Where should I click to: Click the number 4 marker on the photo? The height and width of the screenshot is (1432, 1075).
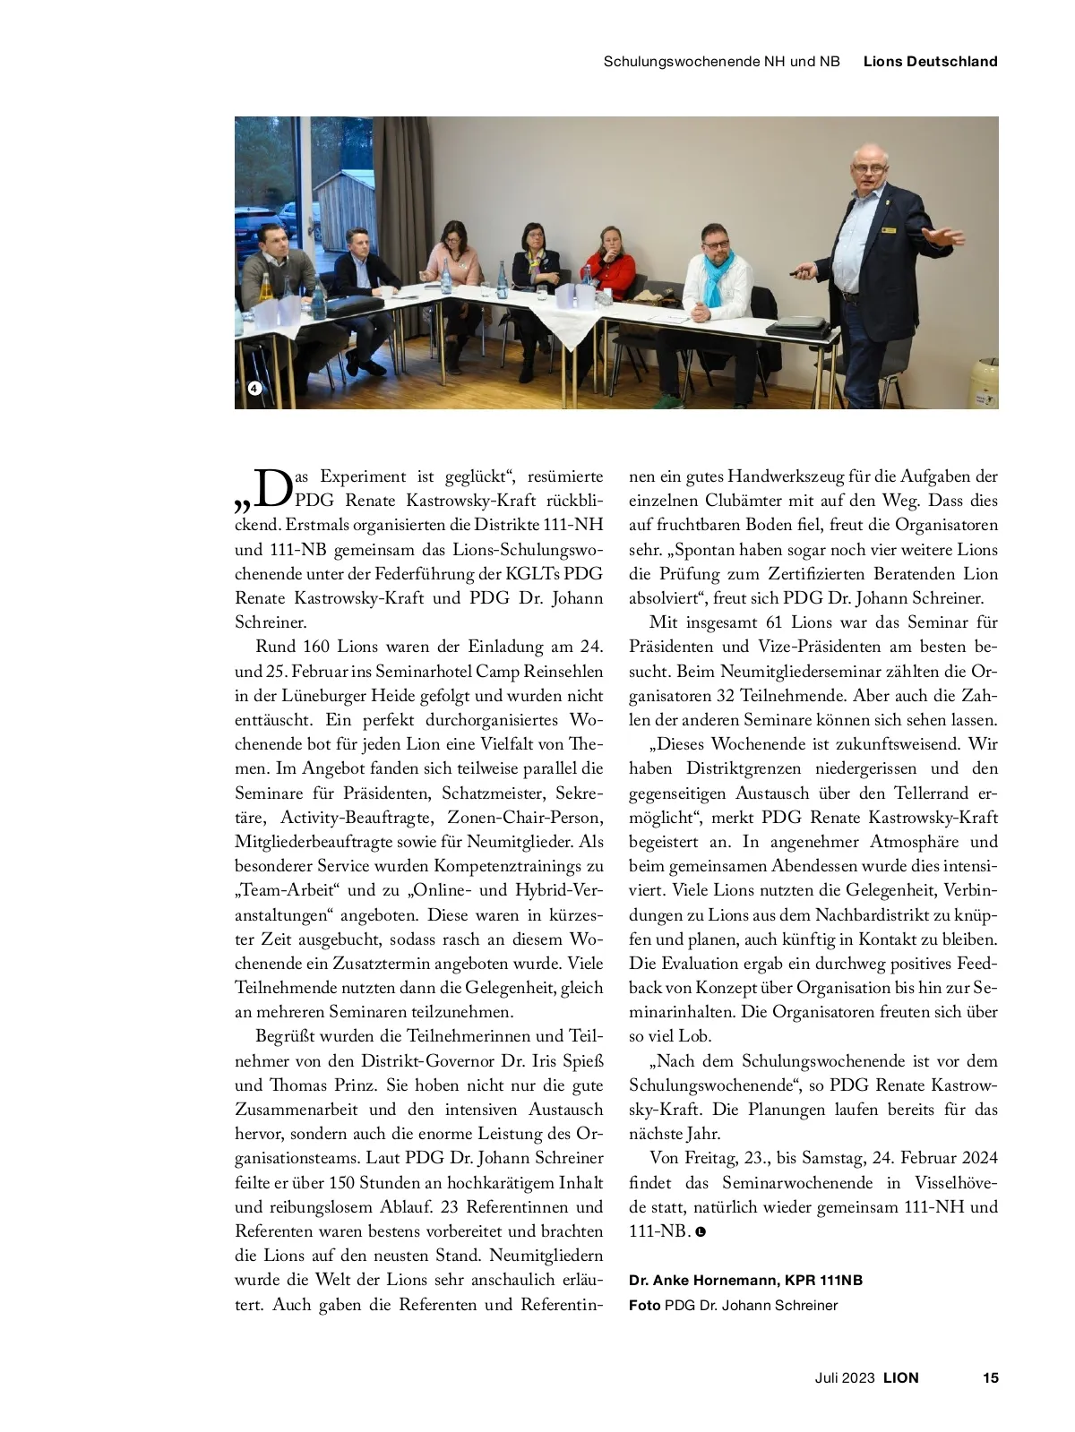(254, 388)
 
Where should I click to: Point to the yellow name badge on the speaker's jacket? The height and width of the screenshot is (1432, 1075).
(888, 230)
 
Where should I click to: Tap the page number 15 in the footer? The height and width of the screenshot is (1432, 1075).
(990, 1377)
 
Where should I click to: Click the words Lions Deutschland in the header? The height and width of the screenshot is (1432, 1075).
(930, 62)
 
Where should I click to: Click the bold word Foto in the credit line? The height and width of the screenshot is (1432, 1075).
(644, 1305)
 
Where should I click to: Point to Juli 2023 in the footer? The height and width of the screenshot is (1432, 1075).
(844, 1377)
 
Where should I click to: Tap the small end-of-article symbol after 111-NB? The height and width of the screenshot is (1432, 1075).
(701, 1232)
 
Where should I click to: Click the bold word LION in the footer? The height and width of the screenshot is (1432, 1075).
(901, 1377)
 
